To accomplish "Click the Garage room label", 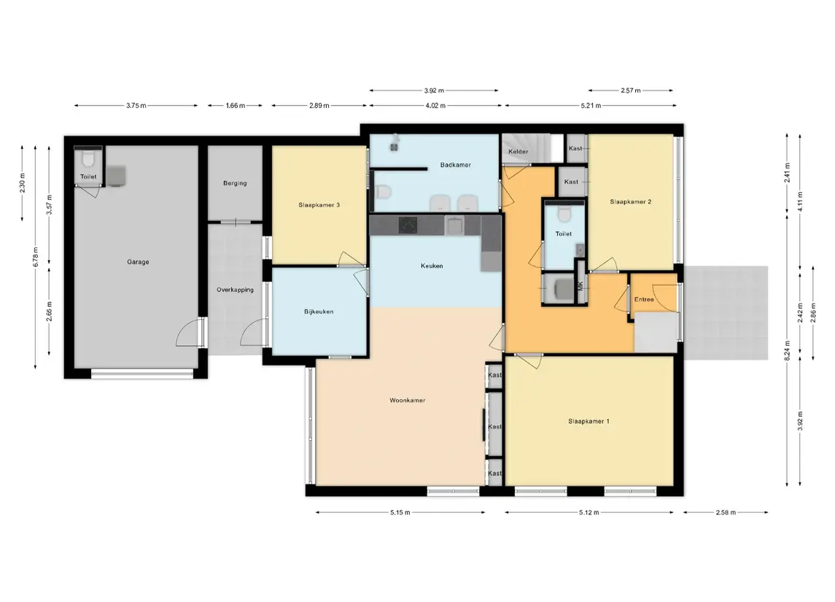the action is coord(138,262).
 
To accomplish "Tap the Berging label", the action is coord(235,183).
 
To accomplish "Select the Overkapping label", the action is coord(235,290).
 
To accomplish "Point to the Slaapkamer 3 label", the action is coord(319,204).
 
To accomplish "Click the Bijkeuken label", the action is coord(319,312).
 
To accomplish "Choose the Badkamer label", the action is coord(455,165).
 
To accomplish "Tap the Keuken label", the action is coord(432,266).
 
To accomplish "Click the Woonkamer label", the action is coord(408,400).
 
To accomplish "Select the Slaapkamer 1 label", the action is coord(589,422).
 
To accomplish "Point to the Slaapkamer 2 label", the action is coord(631,202).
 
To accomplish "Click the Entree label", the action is coord(644,299).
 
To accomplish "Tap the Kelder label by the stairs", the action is coord(519,152).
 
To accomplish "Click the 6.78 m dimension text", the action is coord(36,257).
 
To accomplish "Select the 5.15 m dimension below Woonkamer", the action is coord(400,512).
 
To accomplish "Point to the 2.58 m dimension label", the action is coord(726,512).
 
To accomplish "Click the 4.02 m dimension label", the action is coord(435,106).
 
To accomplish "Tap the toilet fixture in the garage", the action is coord(88,158).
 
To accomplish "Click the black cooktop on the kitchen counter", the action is coord(408,225).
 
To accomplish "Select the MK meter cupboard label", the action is coord(580,285).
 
